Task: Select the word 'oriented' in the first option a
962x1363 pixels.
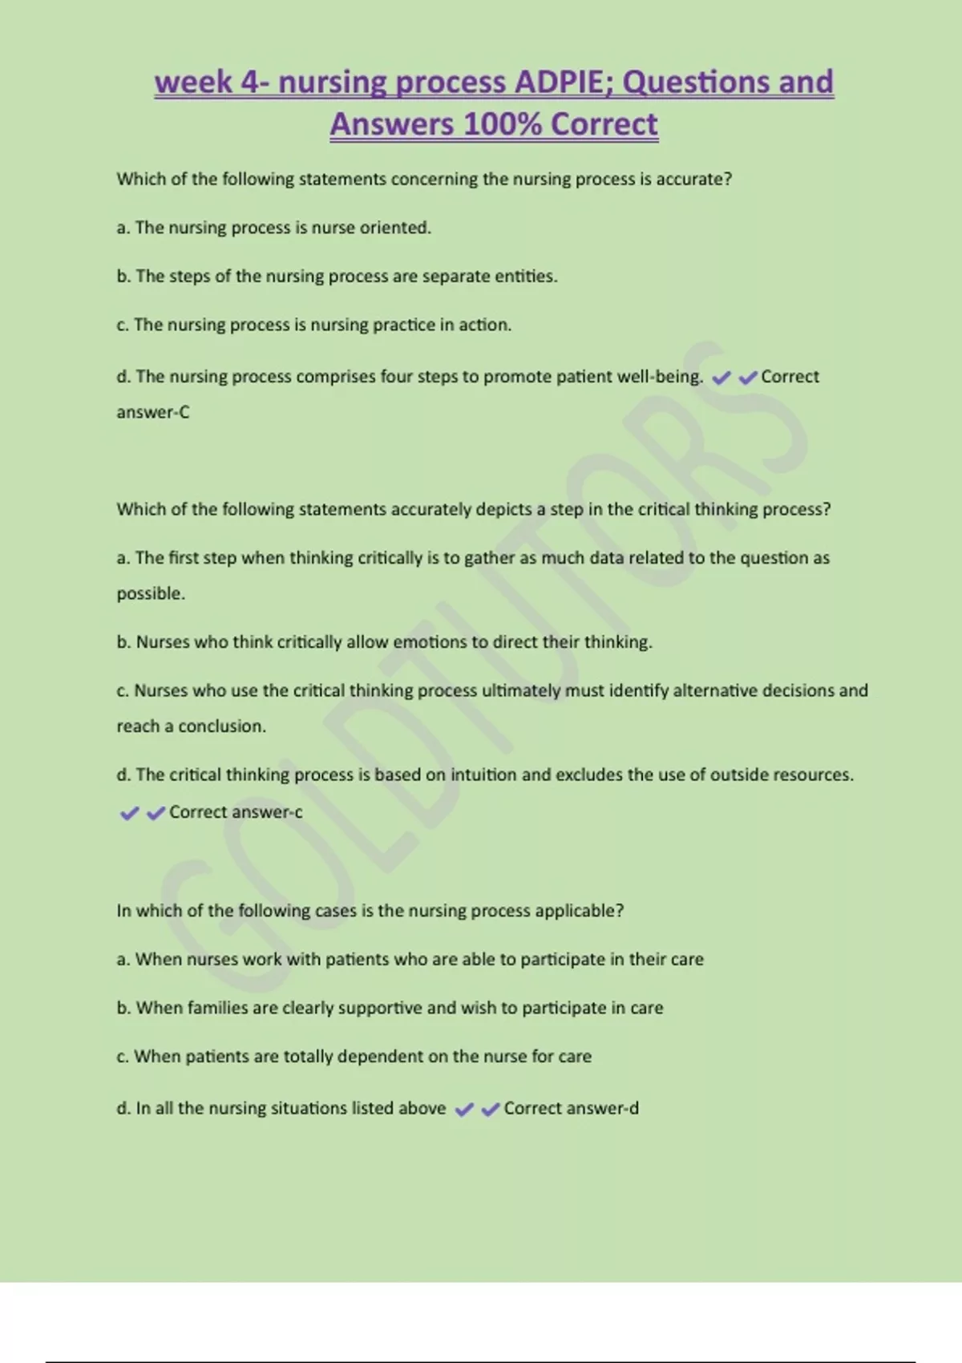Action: (x=395, y=228)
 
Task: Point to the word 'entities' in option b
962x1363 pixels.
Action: (x=525, y=277)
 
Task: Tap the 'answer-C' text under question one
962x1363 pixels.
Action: (x=153, y=412)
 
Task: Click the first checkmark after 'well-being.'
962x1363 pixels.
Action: (x=721, y=378)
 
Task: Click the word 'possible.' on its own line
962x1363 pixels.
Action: (x=151, y=593)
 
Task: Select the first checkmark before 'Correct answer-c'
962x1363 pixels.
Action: (x=129, y=814)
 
